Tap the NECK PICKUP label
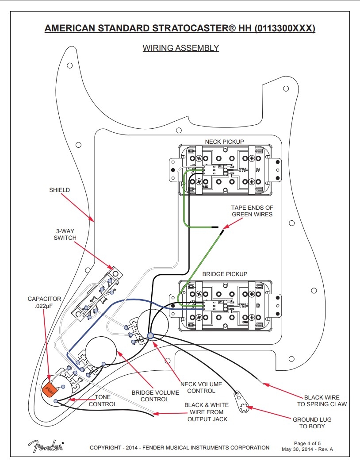224,142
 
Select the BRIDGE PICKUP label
225,274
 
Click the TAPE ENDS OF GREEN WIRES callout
252,211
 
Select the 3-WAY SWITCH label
65,234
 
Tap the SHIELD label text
59,190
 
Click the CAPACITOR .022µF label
44,303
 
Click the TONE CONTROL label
103,400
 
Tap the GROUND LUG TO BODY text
312,423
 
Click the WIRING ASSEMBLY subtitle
180,48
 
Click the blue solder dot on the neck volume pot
150,336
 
